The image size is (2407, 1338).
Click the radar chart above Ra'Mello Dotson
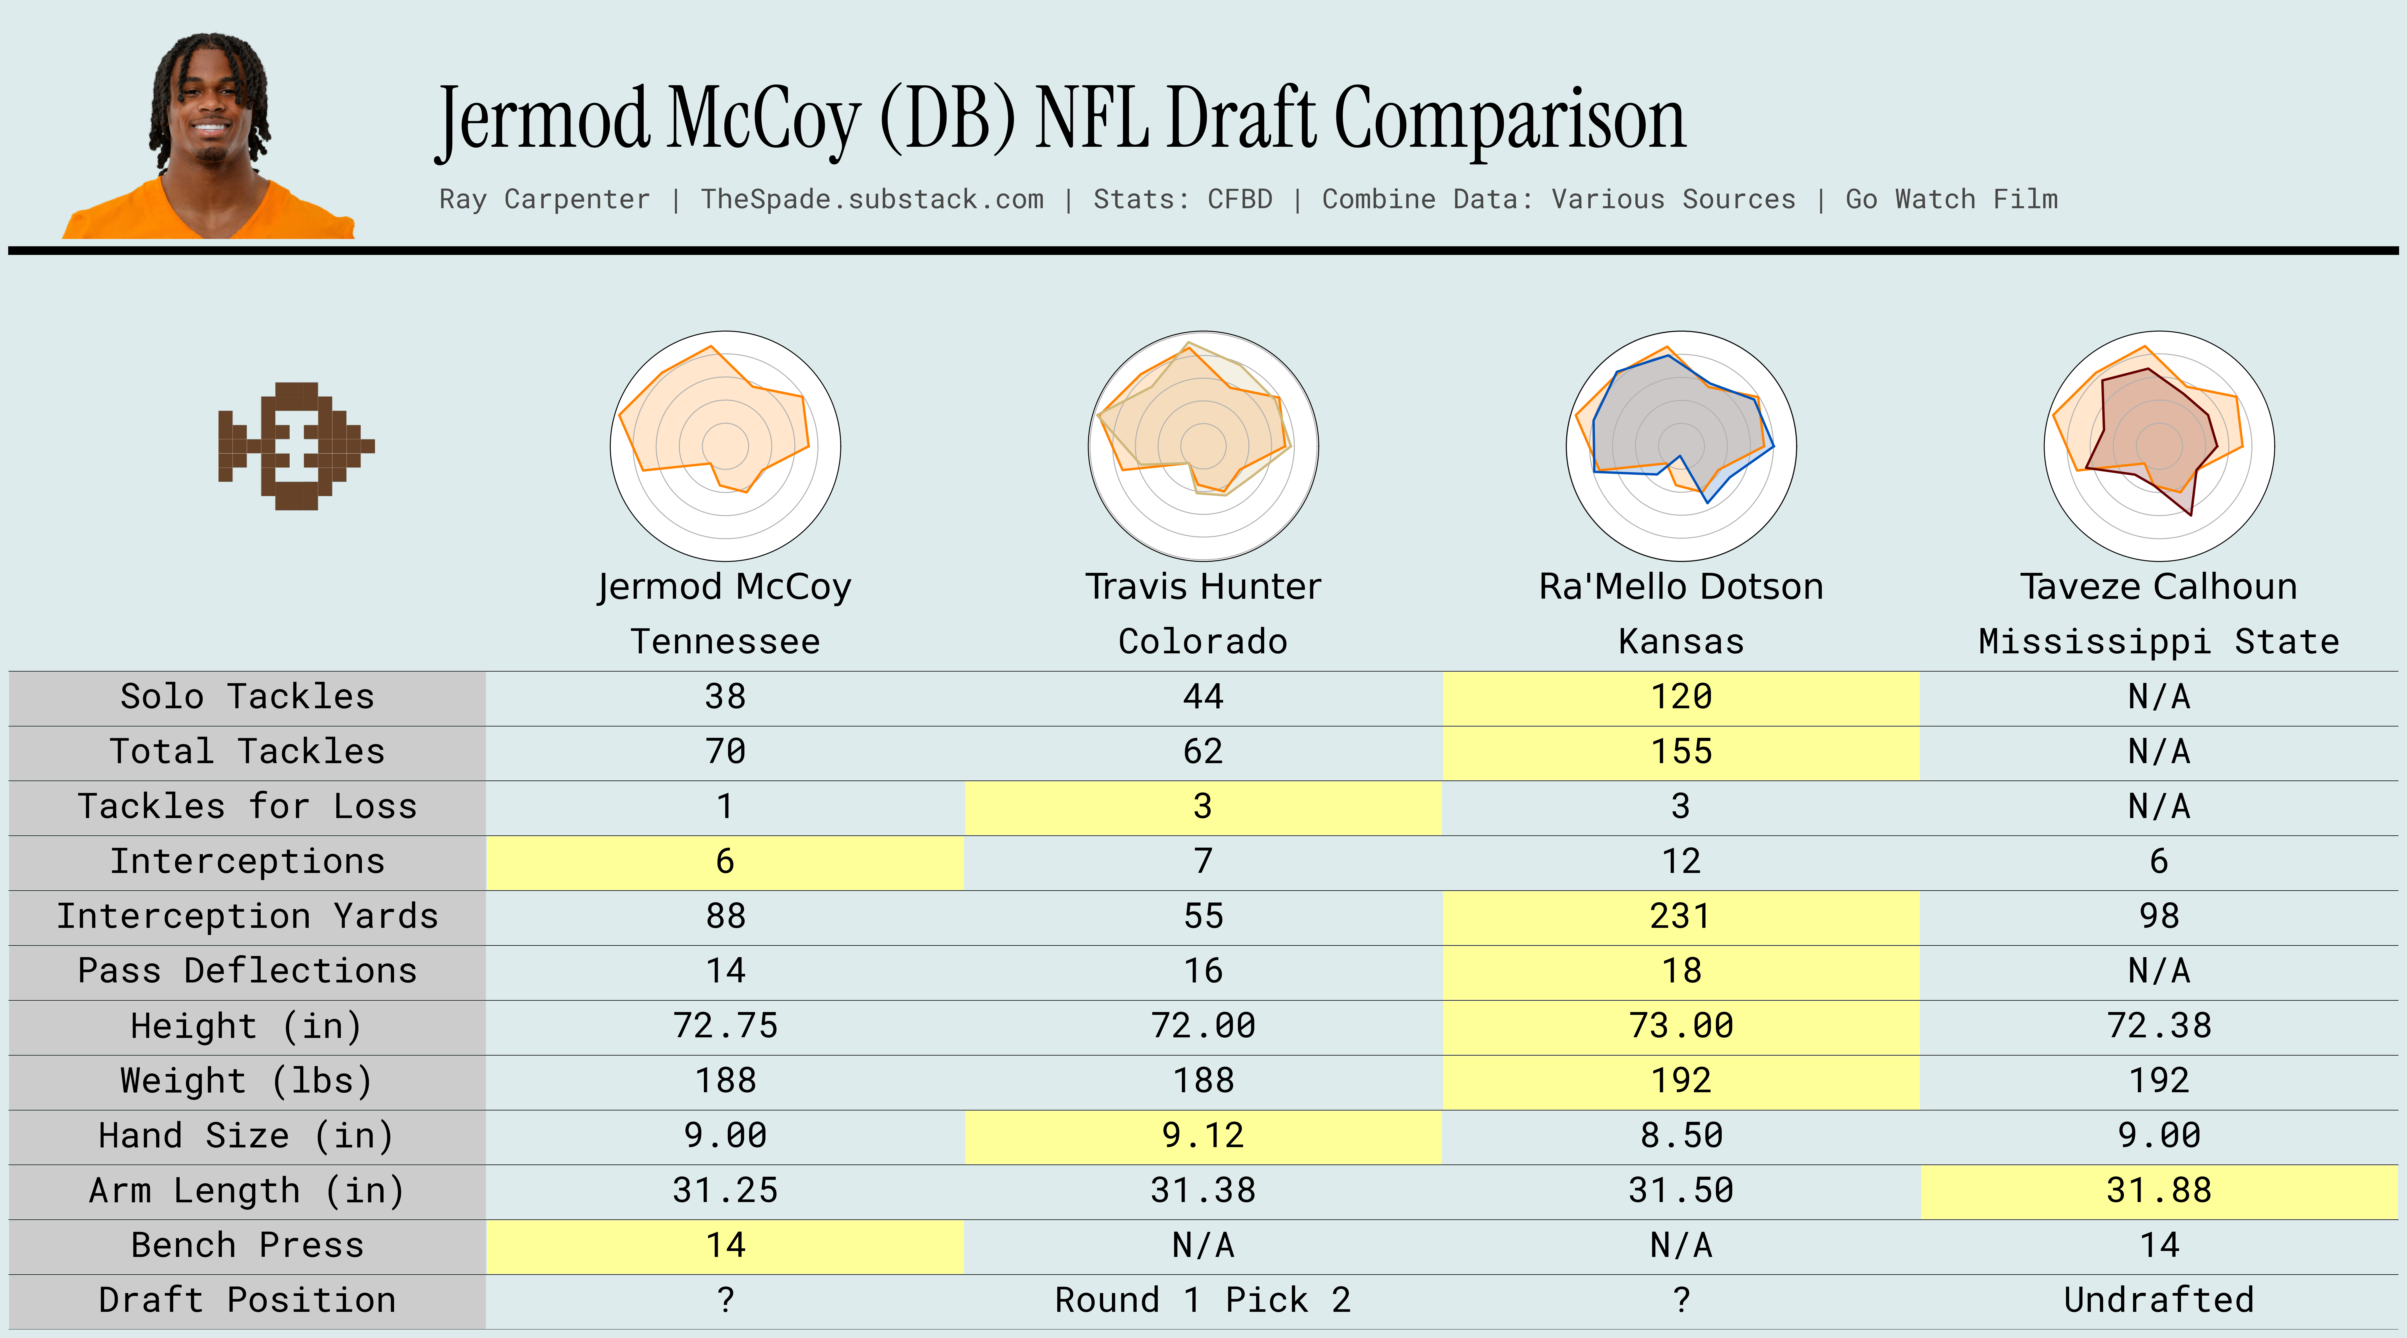tap(1681, 446)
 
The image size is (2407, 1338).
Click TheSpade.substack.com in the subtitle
tap(872, 199)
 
